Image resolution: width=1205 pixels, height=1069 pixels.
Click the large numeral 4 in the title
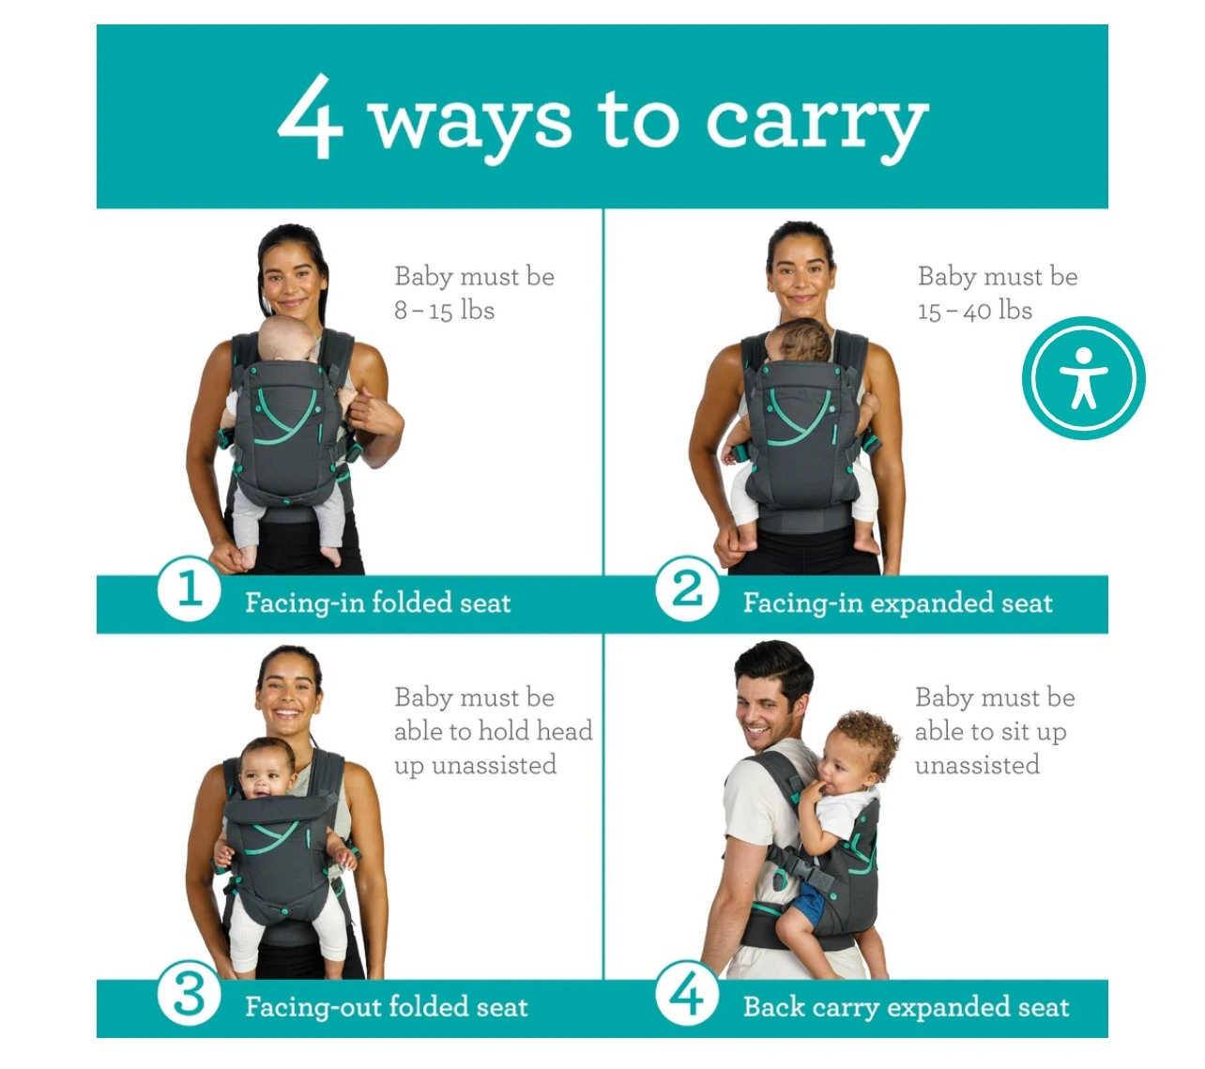(310, 116)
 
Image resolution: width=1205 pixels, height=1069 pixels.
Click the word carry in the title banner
(817, 126)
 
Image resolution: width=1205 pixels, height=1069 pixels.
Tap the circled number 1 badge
(190, 588)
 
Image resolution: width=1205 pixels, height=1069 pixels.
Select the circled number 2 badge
(688, 588)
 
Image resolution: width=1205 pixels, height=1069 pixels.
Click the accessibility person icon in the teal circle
(1083, 377)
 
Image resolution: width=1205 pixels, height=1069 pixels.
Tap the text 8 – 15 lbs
(444, 311)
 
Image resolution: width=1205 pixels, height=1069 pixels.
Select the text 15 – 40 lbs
(974, 311)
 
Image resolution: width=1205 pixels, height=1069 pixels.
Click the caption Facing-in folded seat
(377, 603)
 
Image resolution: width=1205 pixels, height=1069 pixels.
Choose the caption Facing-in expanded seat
(897, 603)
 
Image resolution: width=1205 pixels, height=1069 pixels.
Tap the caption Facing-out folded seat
(386, 1007)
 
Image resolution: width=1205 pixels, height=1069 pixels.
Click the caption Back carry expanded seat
(906, 1007)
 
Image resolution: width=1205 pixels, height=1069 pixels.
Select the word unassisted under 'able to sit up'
(977, 765)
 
